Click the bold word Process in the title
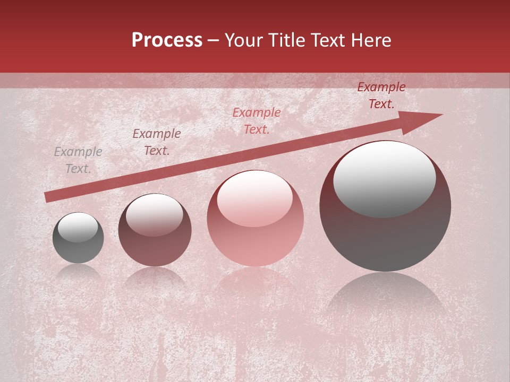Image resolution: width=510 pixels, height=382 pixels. pos(167,40)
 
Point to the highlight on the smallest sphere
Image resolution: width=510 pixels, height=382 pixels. pos(78,228)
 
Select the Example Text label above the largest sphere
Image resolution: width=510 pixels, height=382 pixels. pos(381,95)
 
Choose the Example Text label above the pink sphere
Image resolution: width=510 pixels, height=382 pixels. pos(257,121)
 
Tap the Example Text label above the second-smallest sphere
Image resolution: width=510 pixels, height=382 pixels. pos(157,142)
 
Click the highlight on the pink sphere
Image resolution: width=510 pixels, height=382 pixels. pos(254,199)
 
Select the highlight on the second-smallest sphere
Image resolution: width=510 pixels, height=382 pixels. pos(154,215)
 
